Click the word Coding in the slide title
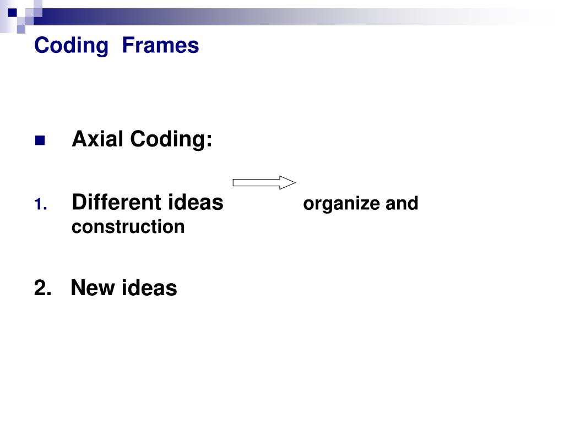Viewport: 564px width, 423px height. coord(71,45)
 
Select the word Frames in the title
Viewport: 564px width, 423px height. coord(160,45)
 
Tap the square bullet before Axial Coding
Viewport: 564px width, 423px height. coord(40,141)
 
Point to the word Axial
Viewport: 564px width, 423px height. coord(97,139)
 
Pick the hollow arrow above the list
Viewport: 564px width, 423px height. coord(264,182)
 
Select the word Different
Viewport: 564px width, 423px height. coord(113,203)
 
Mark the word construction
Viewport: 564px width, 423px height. coord(128,226)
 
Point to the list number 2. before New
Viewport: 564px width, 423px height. coord(42,288)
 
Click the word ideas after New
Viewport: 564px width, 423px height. coord(149,288)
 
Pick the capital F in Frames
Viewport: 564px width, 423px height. coord(127,45)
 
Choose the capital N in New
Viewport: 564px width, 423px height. coord(78,288)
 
